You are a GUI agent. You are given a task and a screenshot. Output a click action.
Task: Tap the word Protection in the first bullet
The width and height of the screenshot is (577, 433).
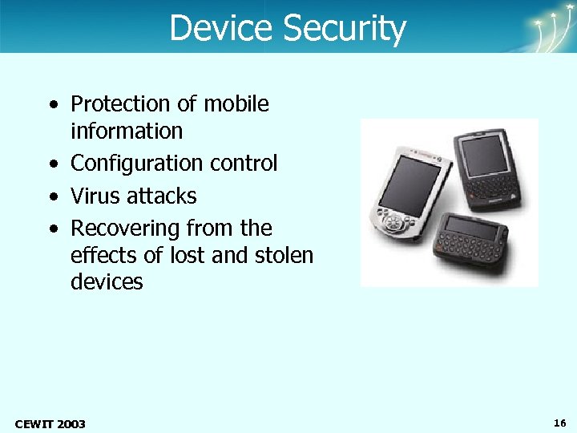121,104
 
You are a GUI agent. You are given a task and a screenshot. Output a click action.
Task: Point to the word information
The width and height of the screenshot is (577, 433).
127,131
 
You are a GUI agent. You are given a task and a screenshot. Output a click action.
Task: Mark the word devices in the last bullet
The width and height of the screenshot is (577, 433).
107,282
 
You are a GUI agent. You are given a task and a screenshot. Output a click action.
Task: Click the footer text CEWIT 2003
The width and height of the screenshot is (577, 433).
50,423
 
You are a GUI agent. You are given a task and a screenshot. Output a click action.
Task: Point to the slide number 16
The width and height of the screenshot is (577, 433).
559,422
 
